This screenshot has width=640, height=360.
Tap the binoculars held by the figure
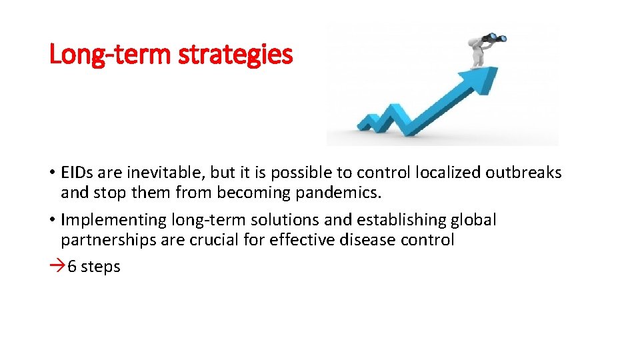coord(494,39)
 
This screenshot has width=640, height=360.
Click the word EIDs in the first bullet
coord(77,173)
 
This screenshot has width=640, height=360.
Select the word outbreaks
coord(523,173)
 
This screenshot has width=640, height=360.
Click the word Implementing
coord(113,219)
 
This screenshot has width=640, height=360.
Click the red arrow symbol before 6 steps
coord(57,267)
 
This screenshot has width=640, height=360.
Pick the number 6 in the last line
coord(72,267)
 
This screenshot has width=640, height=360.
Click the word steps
coord(101,267)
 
